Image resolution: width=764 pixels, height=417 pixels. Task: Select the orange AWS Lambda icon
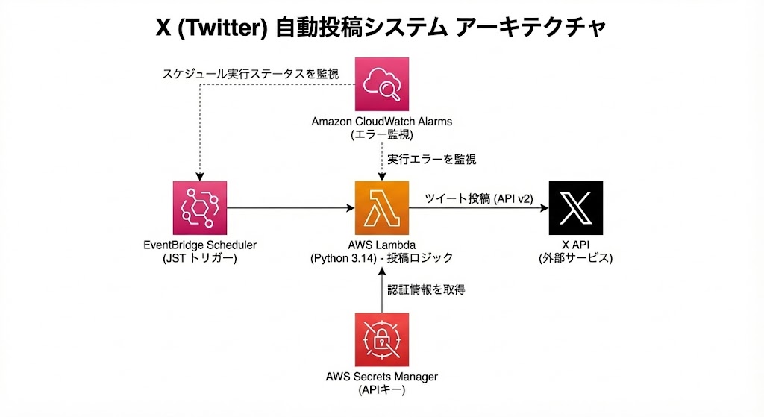[x=381, y=208]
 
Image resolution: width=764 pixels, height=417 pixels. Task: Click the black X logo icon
[x=575, y=208]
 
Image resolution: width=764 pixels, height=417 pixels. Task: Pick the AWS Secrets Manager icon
[x=381, y=339]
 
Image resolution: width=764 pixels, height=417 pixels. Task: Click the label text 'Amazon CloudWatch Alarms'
[x=382, y=122]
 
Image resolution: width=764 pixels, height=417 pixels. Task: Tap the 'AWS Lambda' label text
[x=382, y=245]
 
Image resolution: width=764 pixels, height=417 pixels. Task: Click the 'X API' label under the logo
[x=575, y=245]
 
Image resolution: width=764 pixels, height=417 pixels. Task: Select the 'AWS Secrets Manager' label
[x=382, y=377]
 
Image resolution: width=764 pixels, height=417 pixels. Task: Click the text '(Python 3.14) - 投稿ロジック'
[x=382, y=258]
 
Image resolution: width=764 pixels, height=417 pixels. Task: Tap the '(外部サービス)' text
[x=575, y=258]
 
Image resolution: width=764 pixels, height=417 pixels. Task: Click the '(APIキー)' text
[x=382, y=389]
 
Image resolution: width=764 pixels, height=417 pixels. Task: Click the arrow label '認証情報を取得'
[x=426, y=289]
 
